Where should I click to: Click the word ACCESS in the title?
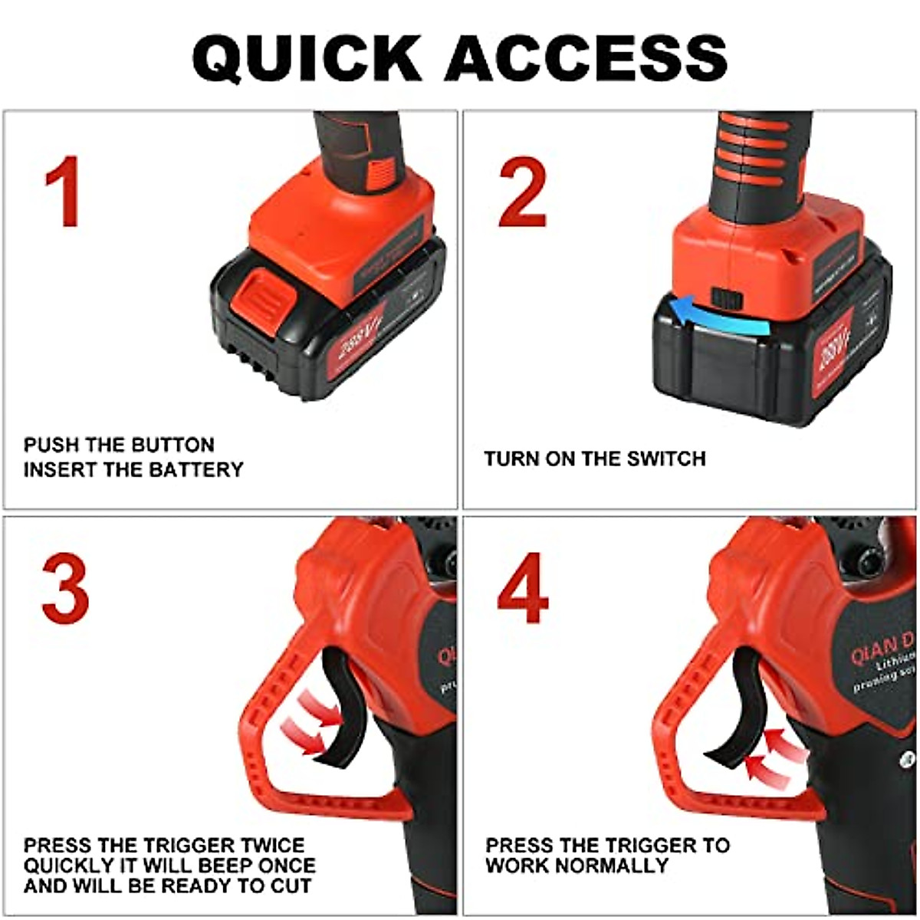tap(586, 58)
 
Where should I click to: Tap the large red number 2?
tap(523, 192)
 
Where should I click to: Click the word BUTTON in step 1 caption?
tap(172, 445)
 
